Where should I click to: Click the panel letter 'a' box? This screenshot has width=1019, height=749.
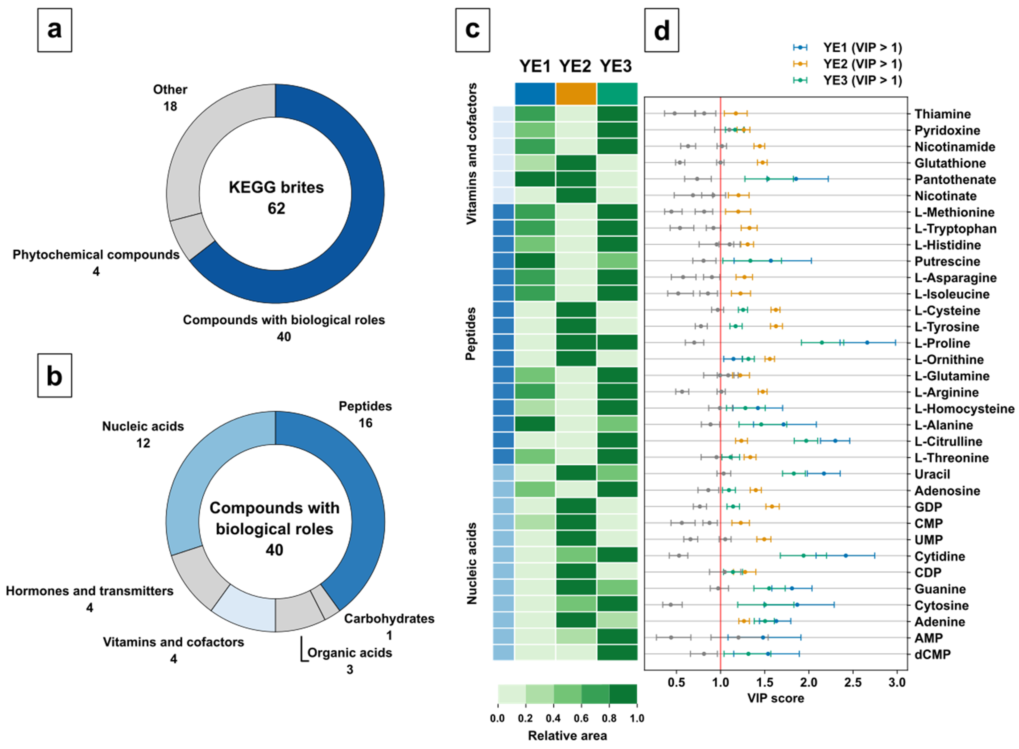54,30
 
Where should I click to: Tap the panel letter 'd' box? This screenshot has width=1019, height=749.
661,30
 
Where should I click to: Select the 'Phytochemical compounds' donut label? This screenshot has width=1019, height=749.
96,255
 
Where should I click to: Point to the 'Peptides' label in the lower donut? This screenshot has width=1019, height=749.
365,406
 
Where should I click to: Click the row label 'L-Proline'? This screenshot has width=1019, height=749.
942,343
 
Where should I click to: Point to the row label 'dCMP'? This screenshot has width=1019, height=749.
933,654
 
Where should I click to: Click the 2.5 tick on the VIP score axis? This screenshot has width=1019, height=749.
853,682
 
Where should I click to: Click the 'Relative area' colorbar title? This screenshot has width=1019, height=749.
567,735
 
